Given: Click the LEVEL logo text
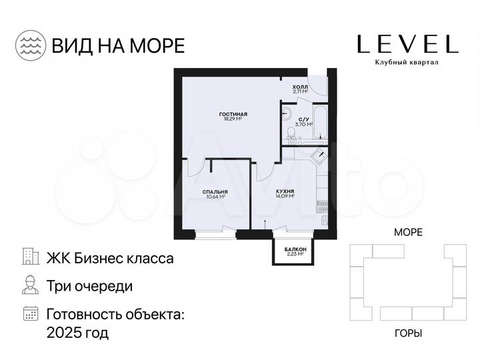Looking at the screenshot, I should click(407, 44).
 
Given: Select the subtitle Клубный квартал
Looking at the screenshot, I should click(407, 63).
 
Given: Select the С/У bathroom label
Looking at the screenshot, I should click(302, 117).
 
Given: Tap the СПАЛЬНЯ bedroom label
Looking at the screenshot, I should click(215, 192).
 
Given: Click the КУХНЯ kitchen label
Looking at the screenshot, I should click(285, 192).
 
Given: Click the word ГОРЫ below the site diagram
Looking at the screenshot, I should click(408, 333).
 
